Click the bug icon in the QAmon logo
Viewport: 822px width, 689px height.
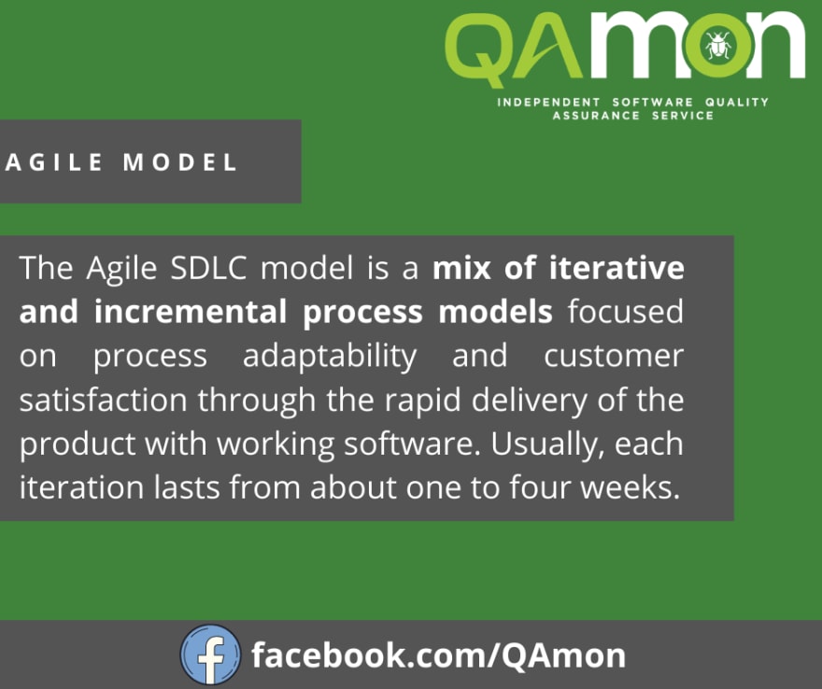[718, 46]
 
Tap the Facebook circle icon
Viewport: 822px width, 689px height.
[211, 655]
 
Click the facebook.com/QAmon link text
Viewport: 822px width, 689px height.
[438, 655]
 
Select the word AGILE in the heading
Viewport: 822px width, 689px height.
[54, 162]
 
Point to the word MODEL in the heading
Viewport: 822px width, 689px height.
[179, 162]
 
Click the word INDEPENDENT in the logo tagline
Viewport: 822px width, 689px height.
[549, 102]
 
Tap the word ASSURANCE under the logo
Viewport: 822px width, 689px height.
[596, 116]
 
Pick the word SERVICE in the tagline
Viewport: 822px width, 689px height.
[683, 116]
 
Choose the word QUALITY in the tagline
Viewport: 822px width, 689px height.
[737, 102]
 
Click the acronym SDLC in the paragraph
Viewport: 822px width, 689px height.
[208, 268]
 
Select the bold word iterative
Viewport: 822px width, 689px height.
[616, 268]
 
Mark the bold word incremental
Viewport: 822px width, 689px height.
[191, 312]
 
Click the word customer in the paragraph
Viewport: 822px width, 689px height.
[614, 357]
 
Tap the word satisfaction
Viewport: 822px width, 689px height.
[104, 401]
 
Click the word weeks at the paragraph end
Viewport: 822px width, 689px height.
[631, 487]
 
